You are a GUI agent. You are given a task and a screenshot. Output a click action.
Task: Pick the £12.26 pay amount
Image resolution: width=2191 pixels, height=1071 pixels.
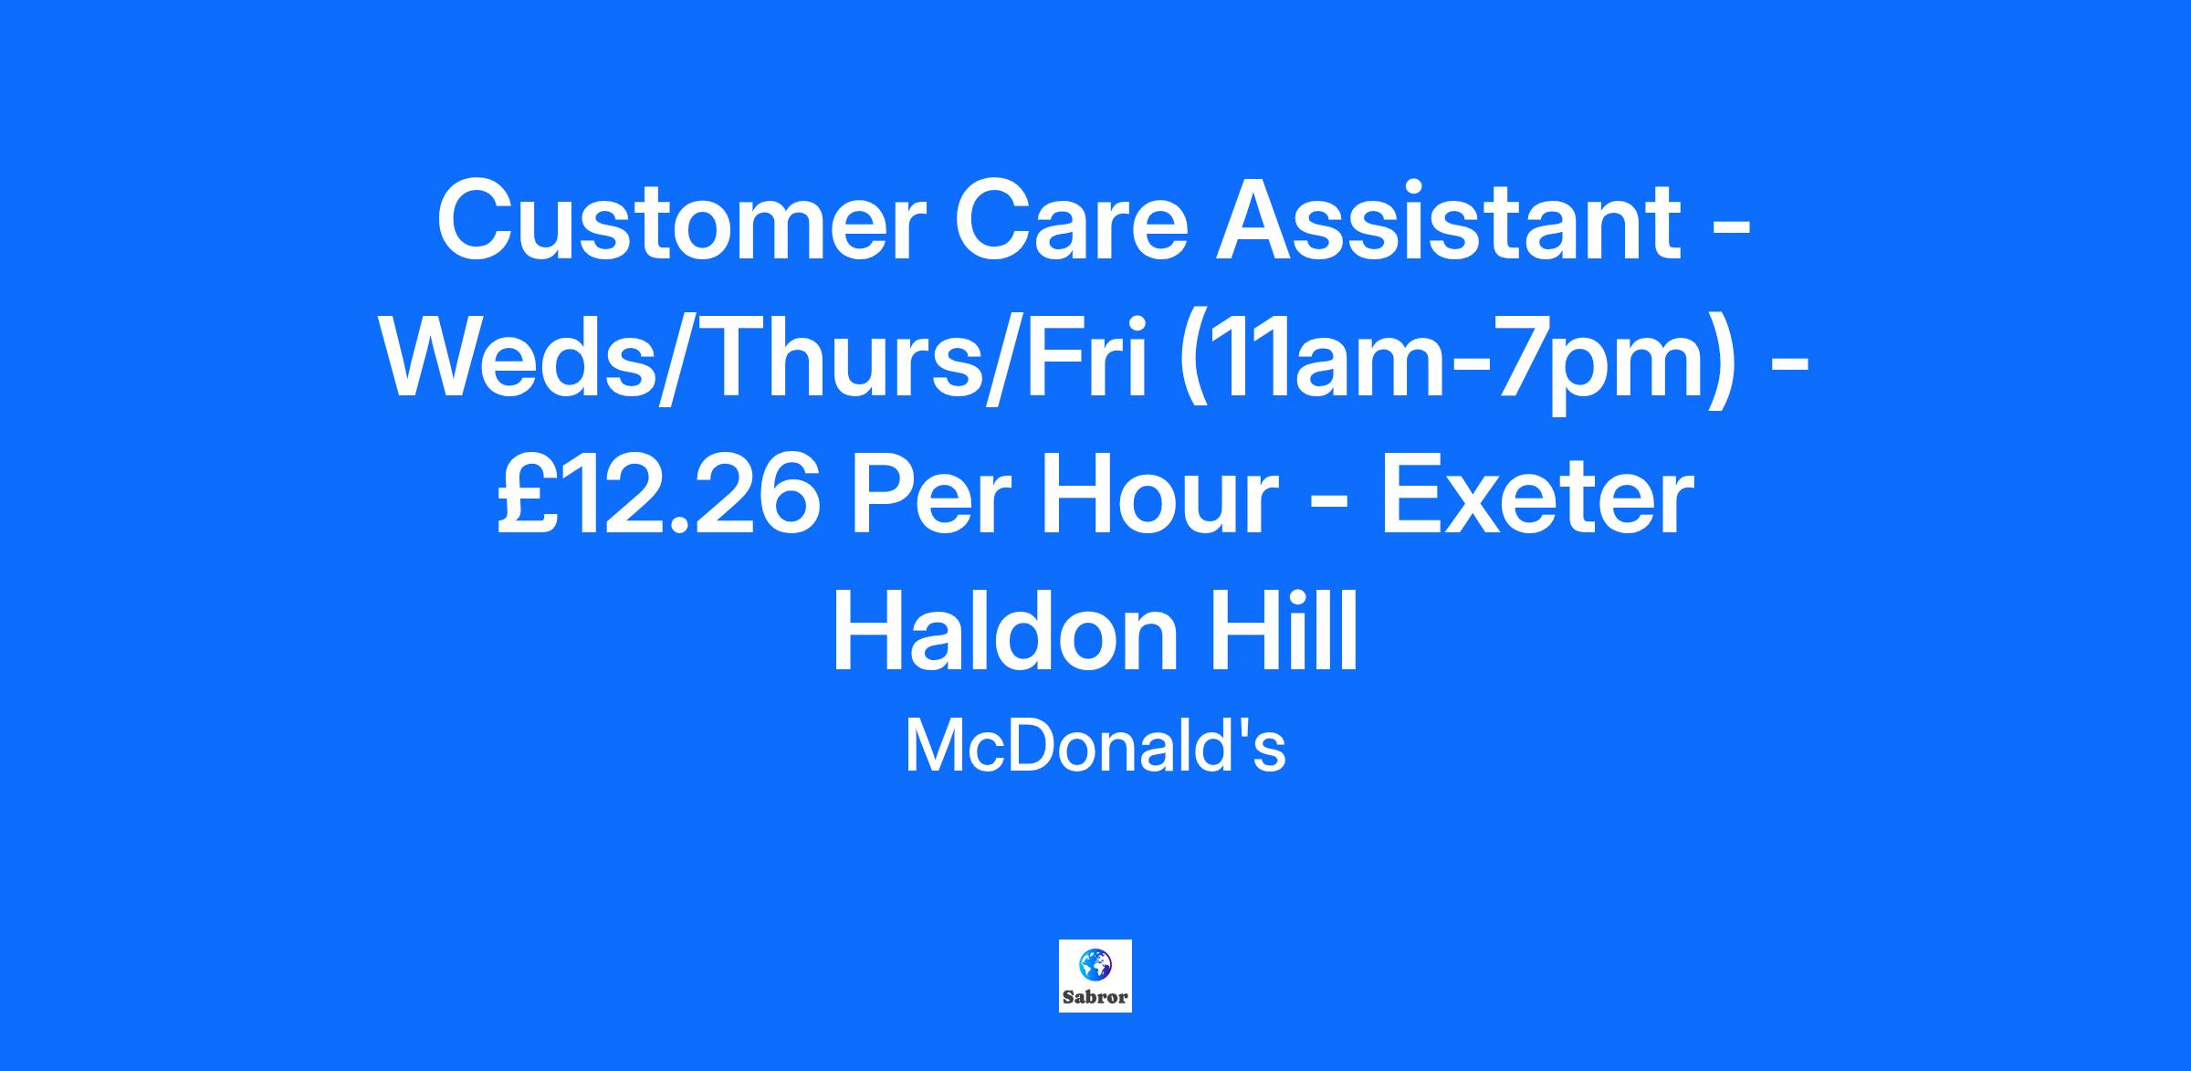658,498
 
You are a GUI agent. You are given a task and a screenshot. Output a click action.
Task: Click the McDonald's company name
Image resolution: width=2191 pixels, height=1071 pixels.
1095,747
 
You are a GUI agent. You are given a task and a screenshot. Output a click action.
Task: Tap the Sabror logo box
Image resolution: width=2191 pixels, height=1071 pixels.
1095,976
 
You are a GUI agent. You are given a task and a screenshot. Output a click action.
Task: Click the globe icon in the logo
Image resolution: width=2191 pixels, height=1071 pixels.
1095,964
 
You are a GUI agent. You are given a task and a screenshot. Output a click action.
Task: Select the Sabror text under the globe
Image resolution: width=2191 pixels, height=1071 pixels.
1095,997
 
